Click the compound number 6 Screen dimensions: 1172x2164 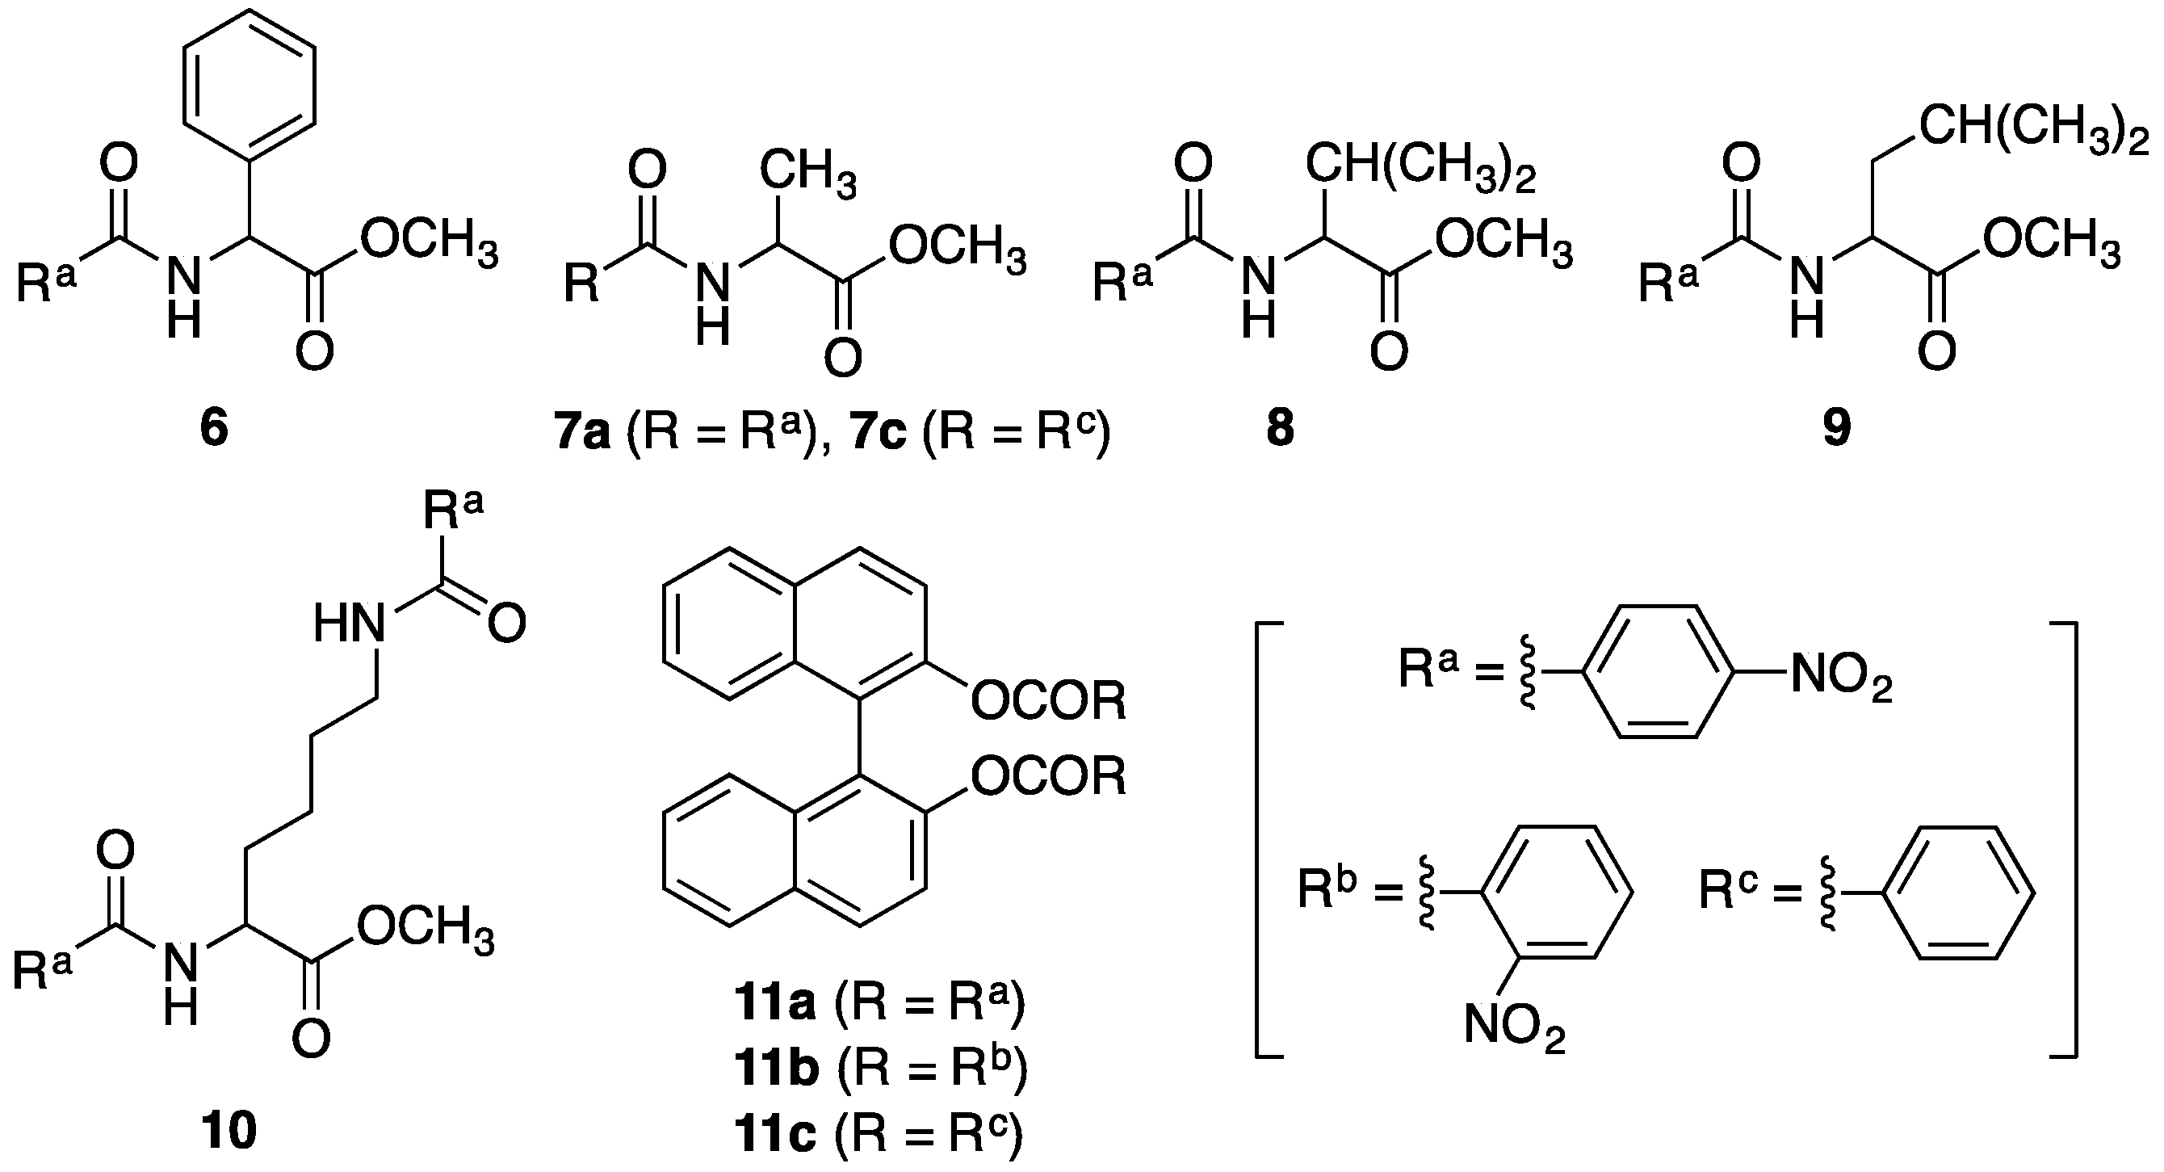tap(214, 430)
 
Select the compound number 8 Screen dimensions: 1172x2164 tap(1281, 430)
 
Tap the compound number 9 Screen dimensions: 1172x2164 tap(1836, 430)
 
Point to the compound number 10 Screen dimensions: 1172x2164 tap(229, 1131)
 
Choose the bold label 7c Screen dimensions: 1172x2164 tap(878, 435)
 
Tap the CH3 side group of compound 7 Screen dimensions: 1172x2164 tap(808, 172)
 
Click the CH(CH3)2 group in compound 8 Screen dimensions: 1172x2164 tap(1420, 167)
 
